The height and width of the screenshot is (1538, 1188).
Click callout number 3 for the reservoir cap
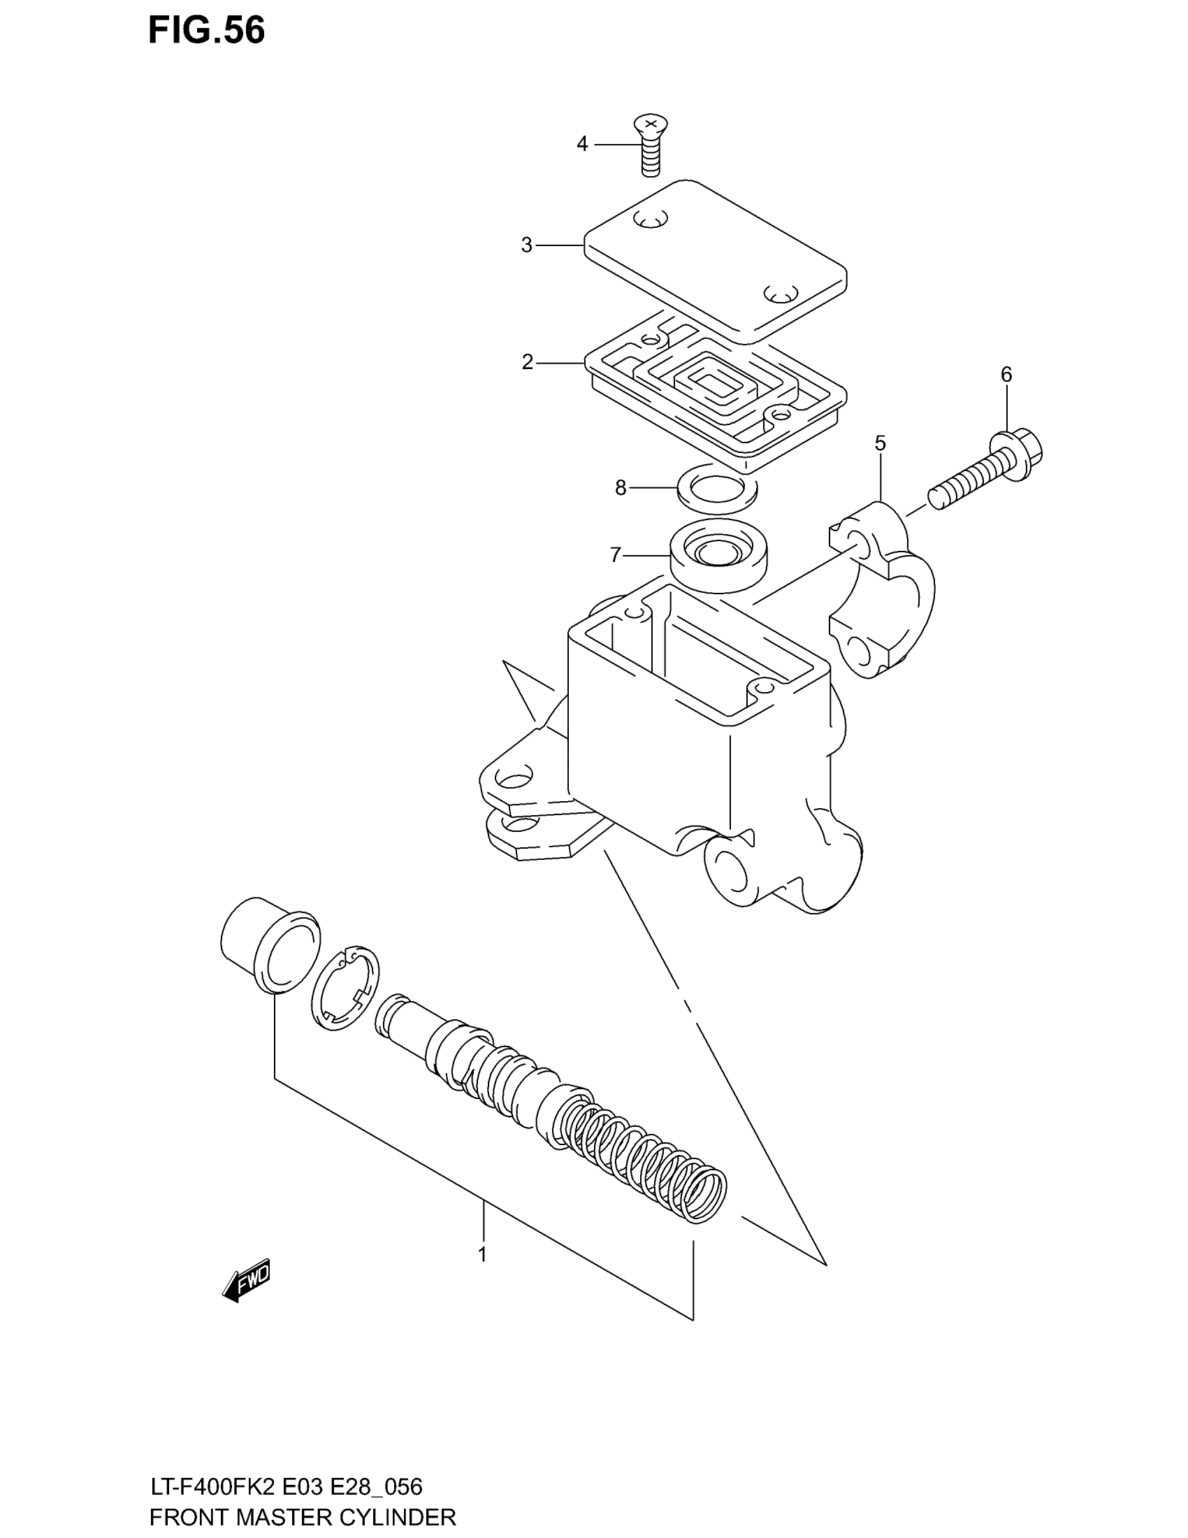click(526, 245)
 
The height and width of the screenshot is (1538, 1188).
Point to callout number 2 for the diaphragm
click(528, 362)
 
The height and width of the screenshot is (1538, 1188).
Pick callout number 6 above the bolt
click(1006, 375)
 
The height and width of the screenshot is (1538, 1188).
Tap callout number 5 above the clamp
click(880, 443)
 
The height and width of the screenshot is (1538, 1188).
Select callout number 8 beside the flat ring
click(620, 487)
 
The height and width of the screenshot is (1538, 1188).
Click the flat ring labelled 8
click(717, 488)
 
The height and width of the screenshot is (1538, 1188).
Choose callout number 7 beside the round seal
click(616, 556)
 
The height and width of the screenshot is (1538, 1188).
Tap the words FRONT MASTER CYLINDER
click(303, 1516)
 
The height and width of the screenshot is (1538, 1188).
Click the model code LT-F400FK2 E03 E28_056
click(287, 1486)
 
